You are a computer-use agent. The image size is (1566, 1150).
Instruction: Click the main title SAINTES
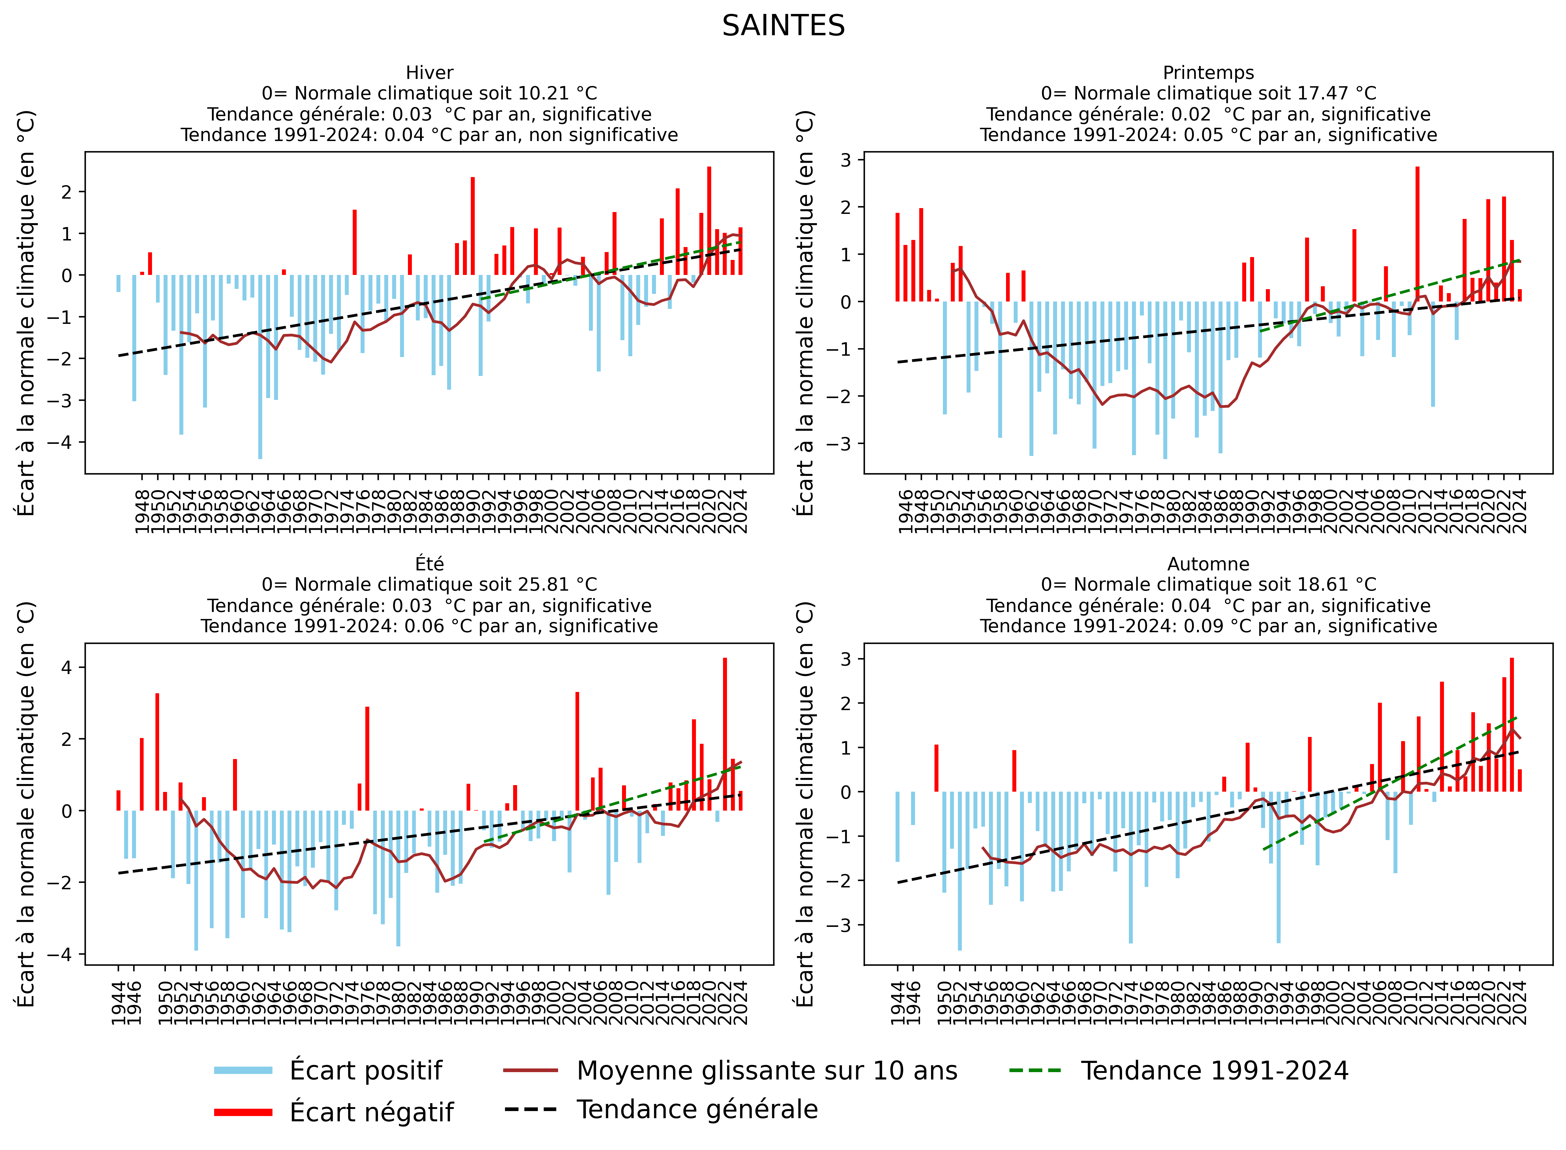(783, 27)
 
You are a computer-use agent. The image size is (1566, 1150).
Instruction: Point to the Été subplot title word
(430, 564)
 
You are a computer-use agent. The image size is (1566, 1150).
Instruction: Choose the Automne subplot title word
(1208, 564)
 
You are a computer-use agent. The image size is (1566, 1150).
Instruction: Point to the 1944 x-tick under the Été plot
(118, 1002)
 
